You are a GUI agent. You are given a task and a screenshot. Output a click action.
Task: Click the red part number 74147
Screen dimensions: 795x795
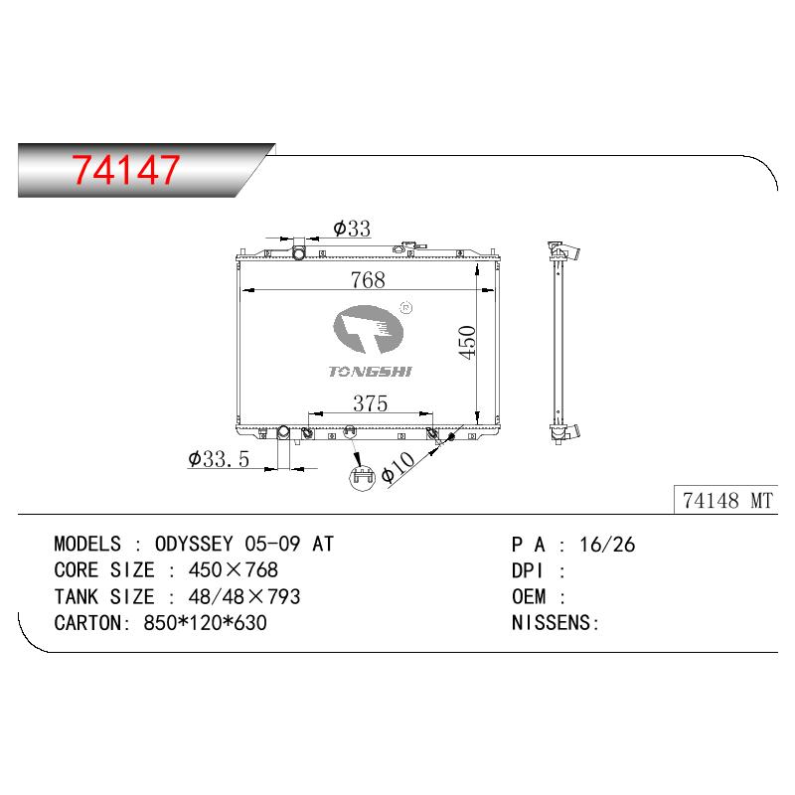point(126,169)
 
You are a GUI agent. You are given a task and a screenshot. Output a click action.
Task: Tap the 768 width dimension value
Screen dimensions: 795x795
point(368,280)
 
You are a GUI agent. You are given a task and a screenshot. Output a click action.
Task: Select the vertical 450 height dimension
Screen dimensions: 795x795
point(467,342)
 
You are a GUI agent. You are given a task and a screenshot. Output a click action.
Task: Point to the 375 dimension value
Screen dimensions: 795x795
point(370,403)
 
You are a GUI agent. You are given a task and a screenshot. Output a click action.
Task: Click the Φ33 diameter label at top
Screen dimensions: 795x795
point(352,229)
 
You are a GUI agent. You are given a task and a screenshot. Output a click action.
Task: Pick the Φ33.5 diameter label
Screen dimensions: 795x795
point(219,459)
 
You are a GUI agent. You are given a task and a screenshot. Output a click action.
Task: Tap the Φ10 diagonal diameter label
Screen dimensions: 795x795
point(398,467)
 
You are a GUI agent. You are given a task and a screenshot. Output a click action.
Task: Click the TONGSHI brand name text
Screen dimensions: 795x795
point(370,372)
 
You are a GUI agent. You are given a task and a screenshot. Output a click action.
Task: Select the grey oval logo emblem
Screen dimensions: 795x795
point(368,330)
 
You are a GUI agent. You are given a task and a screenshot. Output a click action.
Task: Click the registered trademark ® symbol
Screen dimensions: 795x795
point(406,307)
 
